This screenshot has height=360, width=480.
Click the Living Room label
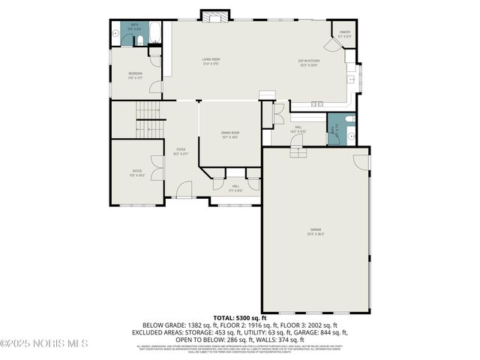click(x=210, y=61)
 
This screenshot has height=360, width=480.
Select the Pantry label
click(x=345, y=34)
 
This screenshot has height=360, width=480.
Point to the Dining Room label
click(x=229, y=136)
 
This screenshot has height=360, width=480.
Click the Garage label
click(x=316, y=230)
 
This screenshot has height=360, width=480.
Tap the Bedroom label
click(x=135, y=75)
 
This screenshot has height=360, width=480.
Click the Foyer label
click(x=181, y=151)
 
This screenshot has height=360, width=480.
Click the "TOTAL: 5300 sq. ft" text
click(x=240, y=317)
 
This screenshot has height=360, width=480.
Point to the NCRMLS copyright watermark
click(x=45, y=343)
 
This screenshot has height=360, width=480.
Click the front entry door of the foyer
click(x=184, y=197)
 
